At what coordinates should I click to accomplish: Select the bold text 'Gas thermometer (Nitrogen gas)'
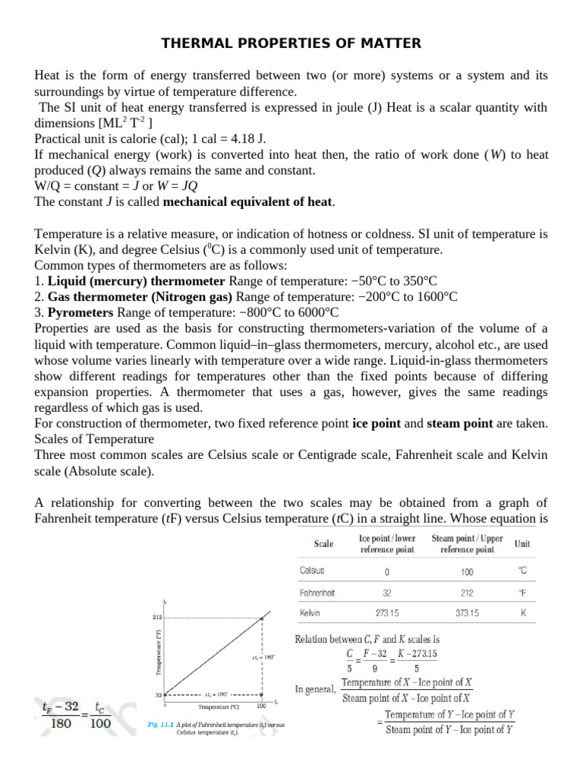pos(142,297)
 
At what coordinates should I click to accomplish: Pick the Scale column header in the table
pos(323,544)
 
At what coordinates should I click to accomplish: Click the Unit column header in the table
pos(522,544)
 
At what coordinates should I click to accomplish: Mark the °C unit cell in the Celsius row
pos(522,570)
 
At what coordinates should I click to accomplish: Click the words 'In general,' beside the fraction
pos(316,690)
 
